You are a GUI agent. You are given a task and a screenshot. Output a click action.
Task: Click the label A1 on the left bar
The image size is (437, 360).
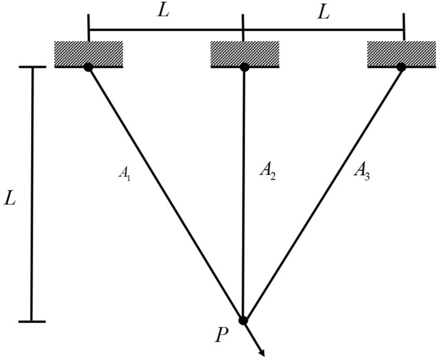tap(124, 173)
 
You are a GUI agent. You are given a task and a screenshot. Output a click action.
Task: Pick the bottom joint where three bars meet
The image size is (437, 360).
tap(243, 320)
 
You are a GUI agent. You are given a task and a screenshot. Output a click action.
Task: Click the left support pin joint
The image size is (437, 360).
tap(88, 67)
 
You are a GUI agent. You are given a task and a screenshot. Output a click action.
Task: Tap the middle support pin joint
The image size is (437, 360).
tap(244, 67)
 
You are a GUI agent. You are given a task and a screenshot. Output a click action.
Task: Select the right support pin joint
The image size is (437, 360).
tap(401, 67)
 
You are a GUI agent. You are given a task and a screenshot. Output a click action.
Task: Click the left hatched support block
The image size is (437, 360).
tap(88, 53)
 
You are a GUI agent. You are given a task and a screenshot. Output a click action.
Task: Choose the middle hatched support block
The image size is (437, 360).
tap(244, 53)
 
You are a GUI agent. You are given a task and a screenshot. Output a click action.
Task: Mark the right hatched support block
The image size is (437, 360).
tap(401, 53)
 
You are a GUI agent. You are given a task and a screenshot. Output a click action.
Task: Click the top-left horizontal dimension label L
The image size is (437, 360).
tap(163, 12)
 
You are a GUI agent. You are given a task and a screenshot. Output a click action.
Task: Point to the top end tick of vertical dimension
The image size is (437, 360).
tap(32, 67)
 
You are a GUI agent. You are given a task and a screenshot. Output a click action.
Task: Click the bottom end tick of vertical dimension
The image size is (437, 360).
tap(32, 322)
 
